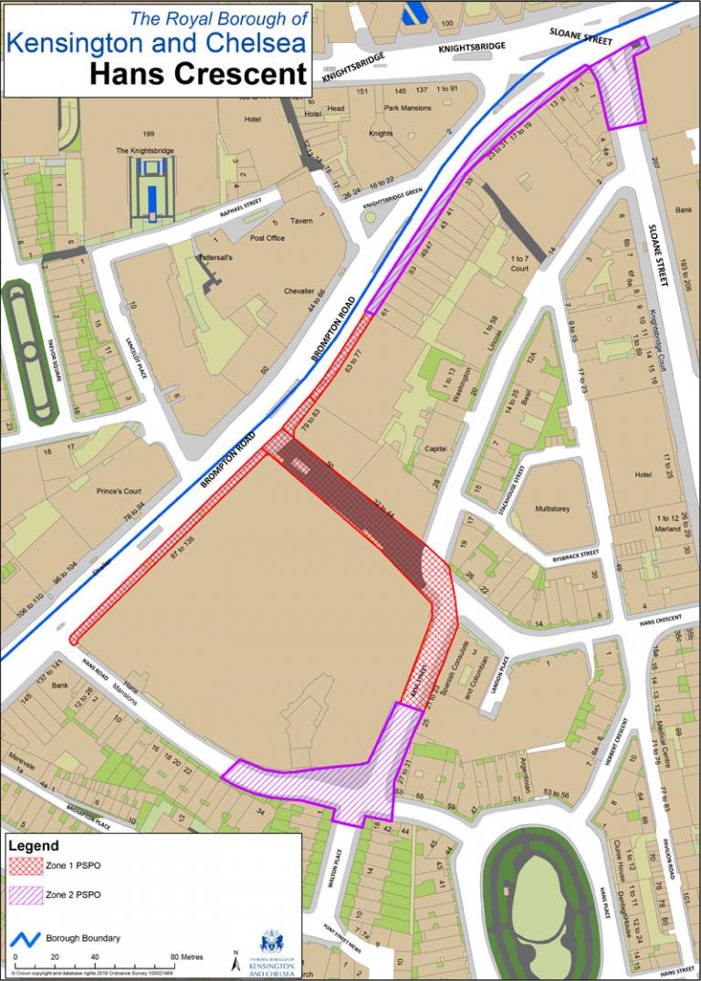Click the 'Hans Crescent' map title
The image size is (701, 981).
coord(198,74)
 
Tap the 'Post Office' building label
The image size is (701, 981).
coord(267,238)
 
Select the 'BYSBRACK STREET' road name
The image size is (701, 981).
coord(575,554)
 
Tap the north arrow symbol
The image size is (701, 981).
coord(236,960)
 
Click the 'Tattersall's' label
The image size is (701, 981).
coord(217,258)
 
